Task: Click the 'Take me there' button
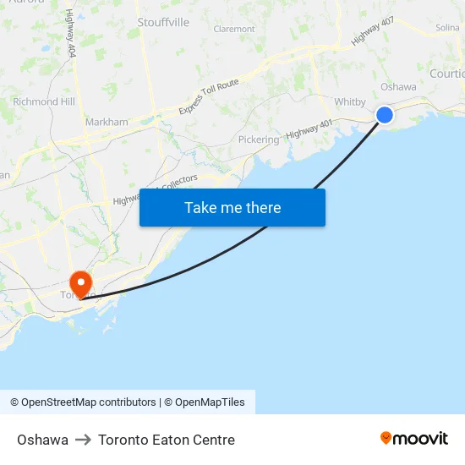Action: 232,207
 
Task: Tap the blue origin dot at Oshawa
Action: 385,114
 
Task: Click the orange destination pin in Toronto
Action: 80,283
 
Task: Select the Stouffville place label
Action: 163,22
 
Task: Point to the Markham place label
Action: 107,122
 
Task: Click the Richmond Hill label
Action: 44,101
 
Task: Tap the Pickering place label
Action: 258,139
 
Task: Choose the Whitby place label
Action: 349,102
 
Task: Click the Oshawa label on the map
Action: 398,86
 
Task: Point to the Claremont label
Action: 234,29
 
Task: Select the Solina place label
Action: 447,28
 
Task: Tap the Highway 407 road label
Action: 373,31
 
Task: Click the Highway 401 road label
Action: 309,129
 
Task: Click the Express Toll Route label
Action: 209,97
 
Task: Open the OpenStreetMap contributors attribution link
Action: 89,402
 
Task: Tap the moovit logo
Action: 414,438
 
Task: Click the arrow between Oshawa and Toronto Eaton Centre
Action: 83,440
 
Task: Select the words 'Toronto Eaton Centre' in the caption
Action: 167,440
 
